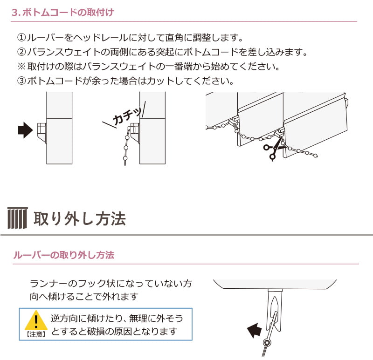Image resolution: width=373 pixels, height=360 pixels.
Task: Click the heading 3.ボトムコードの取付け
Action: pyautogui.click(x=63, y=13)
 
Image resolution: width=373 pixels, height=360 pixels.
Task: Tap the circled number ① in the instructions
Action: pyautogui.click(x=21, y=38)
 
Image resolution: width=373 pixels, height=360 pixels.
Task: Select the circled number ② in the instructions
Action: pyautogui.click(x=21, y=52)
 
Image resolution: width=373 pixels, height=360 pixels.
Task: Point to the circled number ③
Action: pyautogui.click(x=21, y=81)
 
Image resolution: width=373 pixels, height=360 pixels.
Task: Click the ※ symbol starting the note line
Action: pyautogui.click(x=21, y=66)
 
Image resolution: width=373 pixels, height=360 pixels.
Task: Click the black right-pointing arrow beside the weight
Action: pyautogui.click(x=26, y=130)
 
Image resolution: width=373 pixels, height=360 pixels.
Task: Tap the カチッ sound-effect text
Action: pyautogui.click(x=127, y=115)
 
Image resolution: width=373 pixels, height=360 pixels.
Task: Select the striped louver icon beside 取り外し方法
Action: pyautogui.click(x=18, y=218)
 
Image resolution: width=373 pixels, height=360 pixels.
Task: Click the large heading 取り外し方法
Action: pyautogui.click(x=79, y=218)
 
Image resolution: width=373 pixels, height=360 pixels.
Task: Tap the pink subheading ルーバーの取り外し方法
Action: pyautogui.click(x=64, y=255)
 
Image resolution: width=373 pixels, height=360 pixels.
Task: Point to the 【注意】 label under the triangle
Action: pyautogui.click(x=36, y=334)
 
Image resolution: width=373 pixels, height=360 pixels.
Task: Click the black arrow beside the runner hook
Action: pyautogui.click(x=255, y=330)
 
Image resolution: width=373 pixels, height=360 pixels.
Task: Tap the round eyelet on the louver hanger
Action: pyautogui.click(x=267, y=343)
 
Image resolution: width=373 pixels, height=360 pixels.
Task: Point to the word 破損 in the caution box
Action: pyautogui.click(x=96, y=331)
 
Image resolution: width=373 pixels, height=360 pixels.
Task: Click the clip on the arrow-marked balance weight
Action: pyautogui.click(x=42, y=133)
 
